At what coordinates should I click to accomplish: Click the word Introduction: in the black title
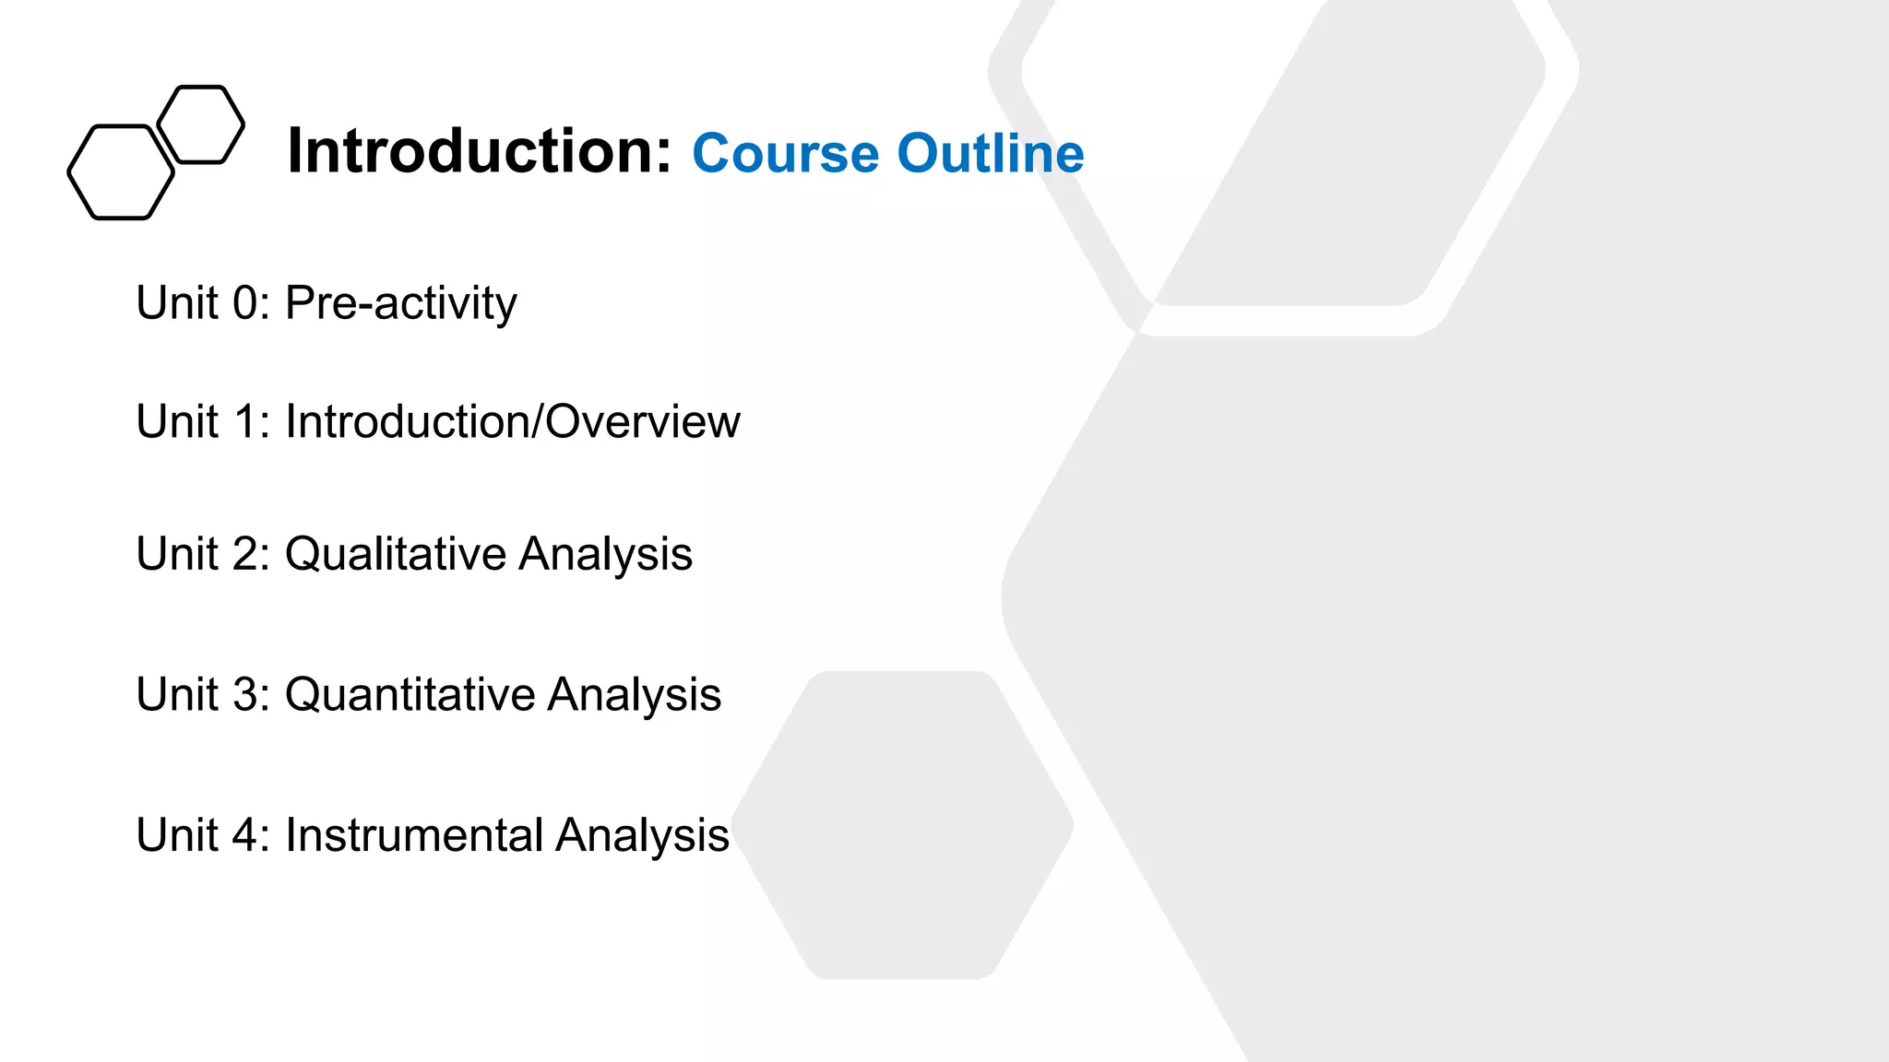[480, 151]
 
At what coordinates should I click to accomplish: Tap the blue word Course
[785, 153]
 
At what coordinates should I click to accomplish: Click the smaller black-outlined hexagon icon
[201, 124]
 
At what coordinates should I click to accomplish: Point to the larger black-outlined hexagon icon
[121, 172]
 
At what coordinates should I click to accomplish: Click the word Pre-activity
[401, 303]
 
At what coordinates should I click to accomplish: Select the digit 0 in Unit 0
[245, 303]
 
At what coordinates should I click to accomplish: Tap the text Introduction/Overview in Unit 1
[512, 421]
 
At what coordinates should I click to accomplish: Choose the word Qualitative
[396, 554]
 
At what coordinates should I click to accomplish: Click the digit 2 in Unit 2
[245, 554]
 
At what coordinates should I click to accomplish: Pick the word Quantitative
[410, 694]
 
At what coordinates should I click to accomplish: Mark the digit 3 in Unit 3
[245, 694]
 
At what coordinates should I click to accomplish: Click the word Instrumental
[414, 835]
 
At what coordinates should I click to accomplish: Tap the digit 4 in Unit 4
[245, 835]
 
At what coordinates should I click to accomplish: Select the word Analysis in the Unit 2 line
[605, 554]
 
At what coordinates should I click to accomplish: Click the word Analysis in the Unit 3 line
[634, 694]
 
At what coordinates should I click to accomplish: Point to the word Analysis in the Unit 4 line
[642, 835]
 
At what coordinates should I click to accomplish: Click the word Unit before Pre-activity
[177, 303]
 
